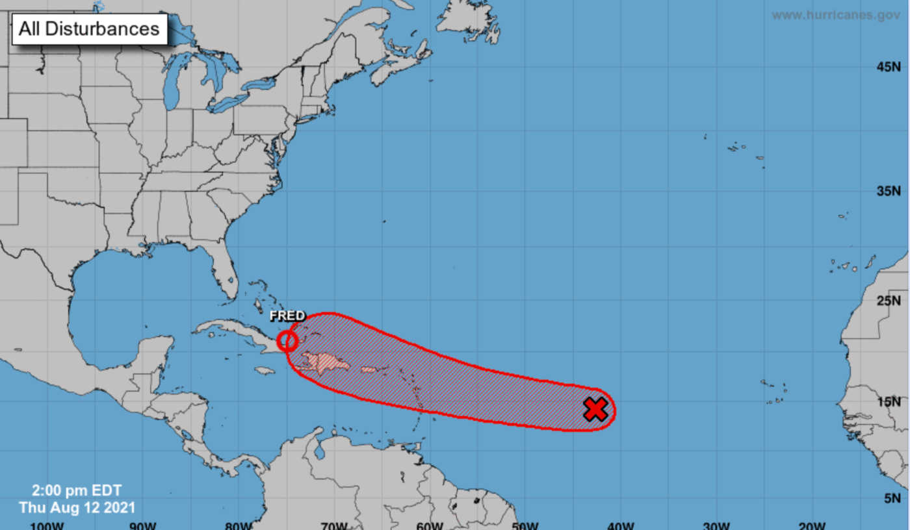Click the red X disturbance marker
[595, 409]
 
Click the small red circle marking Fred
[287, 340]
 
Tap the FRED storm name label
[287, 316]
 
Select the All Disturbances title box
[89, 29]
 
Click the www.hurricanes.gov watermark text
[836, 15]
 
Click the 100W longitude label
[47, 525]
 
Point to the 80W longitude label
[237, 525]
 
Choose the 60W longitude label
[429, 525]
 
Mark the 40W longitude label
[619, 525]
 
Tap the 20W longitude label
[811, 525]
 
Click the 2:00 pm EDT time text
[77, 491]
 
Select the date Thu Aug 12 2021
[77, 507]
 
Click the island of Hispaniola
[322, 362]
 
